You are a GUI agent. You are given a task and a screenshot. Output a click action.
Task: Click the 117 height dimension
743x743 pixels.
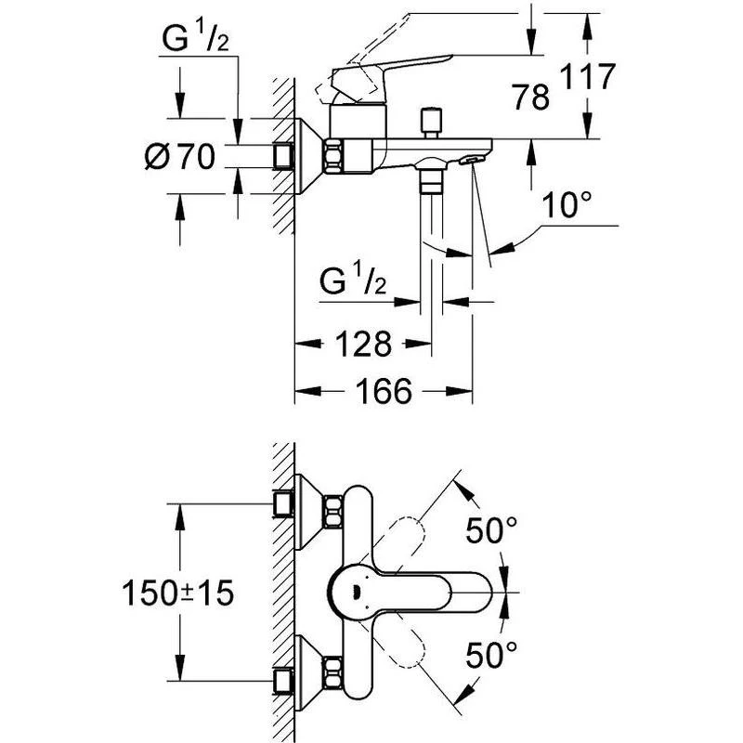point(588,76)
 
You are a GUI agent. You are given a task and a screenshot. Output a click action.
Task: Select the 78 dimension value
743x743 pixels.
point(530,98)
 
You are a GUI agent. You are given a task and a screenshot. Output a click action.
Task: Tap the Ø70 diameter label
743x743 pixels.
point(180,157)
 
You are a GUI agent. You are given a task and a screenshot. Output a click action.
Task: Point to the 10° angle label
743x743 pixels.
point(567,205)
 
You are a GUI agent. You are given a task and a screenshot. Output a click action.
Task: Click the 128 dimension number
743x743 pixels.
point(364,344)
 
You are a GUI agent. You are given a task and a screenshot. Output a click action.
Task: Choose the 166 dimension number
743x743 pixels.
point(384,391)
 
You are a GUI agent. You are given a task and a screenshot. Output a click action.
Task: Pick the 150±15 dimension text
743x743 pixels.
point(178,593)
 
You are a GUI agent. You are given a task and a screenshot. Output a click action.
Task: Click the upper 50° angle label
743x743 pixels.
point(491,529)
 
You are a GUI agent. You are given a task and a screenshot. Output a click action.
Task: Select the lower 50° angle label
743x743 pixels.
point(491,655)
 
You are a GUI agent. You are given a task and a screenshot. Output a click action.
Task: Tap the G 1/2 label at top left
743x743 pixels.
point(195,38)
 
